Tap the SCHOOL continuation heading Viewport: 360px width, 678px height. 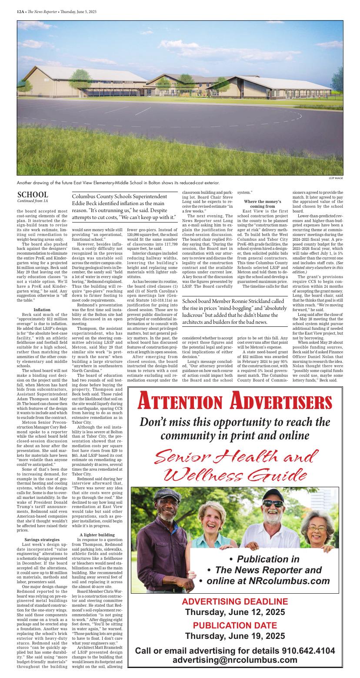pos(33,195)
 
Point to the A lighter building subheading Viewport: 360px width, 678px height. pos(97,534)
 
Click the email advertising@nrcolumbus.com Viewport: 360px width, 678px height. pos(235,660)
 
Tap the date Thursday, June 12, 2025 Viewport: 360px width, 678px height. pos(235,612)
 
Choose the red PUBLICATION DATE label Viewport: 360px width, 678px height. pos(235,626)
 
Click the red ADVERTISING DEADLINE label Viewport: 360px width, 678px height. pos(235,602)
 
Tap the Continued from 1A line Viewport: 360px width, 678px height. pos(33,201)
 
